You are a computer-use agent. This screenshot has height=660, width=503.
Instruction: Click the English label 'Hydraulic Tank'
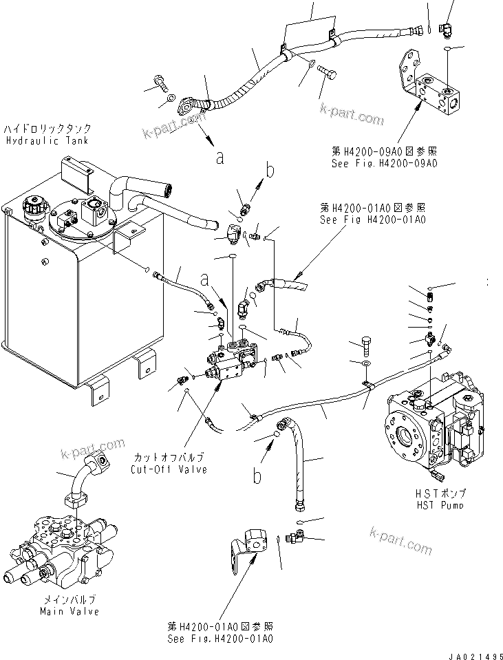pyautogui.click(x=47, y=140)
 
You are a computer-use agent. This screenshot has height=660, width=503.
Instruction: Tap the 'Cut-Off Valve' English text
pyautogui.click(x=168, y=469)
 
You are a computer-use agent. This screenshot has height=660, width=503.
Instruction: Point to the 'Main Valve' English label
pyautogui.click(x=69, y=611)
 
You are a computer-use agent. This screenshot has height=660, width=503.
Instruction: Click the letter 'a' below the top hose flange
pyautogui.click(x=220, y=158)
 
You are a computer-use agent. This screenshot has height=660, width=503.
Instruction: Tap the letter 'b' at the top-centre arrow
pyautogui.click(x=270, y=170)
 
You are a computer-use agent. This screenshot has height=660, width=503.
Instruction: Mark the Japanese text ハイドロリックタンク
pyautogui.click(x=47, y=129)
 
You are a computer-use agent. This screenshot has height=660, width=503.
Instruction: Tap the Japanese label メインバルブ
pyautogui.click(x=69, y=599)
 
